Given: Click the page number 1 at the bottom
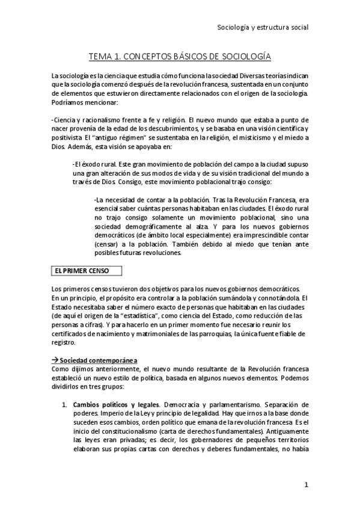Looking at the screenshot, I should pyautogui.click(x=306, y=485).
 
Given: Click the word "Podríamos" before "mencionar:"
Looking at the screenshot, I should pyautogui.click(x=69, y=103).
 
